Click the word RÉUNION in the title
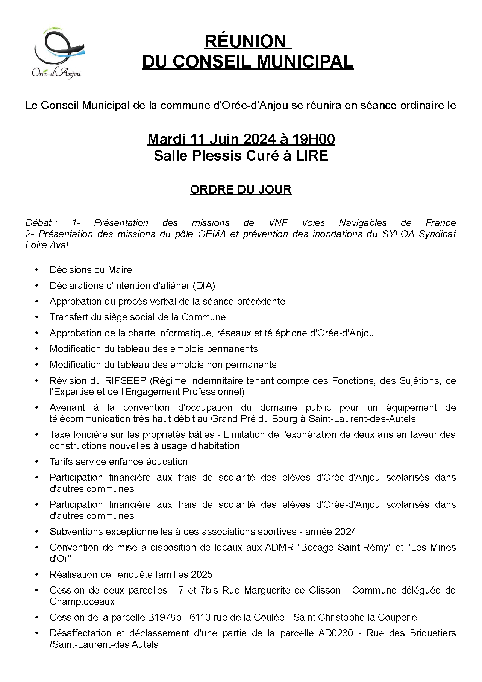tap(245, 41)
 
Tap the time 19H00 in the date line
tap(314, 139)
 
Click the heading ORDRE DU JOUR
tap(241, 190)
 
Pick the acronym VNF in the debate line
tap(278, 223)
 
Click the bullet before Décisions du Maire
tap(37, 270)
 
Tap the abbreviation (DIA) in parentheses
tap(204, 286)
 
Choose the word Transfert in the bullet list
tap(67, 317)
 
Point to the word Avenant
tap(67, 408)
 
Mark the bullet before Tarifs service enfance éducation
tap(37, 462)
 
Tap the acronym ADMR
tap(279, 548)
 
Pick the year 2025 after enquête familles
tap(202, 575)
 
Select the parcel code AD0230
tap(335, 633)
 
